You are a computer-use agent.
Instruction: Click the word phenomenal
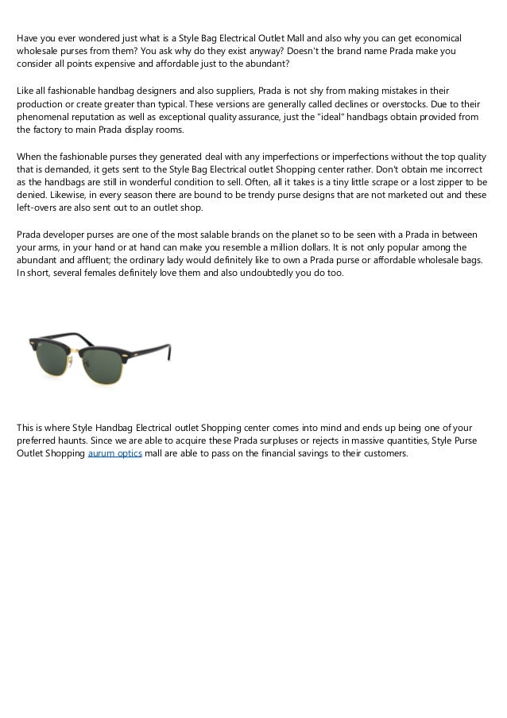(45, 117)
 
